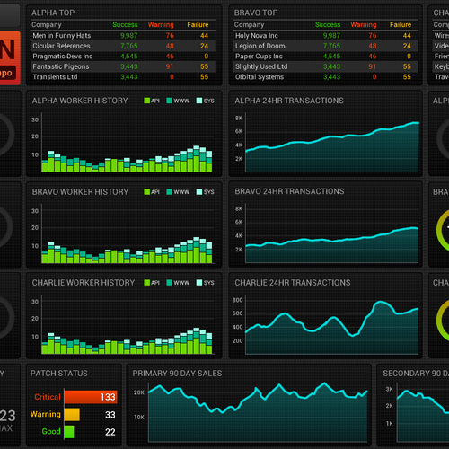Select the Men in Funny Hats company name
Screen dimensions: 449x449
(x=61, y=36)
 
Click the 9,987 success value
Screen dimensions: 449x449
(x=128, y=36)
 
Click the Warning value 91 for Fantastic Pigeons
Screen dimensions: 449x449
(x=169, y=66)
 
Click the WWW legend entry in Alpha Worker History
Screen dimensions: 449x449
(x=182, y=101)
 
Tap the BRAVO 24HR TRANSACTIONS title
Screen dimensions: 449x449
(x=289, y=191)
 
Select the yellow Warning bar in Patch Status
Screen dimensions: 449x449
(x=71, y=415)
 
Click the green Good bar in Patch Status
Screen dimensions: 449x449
(x=68, y=433)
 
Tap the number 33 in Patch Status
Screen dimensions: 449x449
(x=110, y=415)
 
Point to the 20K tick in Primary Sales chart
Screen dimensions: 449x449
(x=139, y=393)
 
